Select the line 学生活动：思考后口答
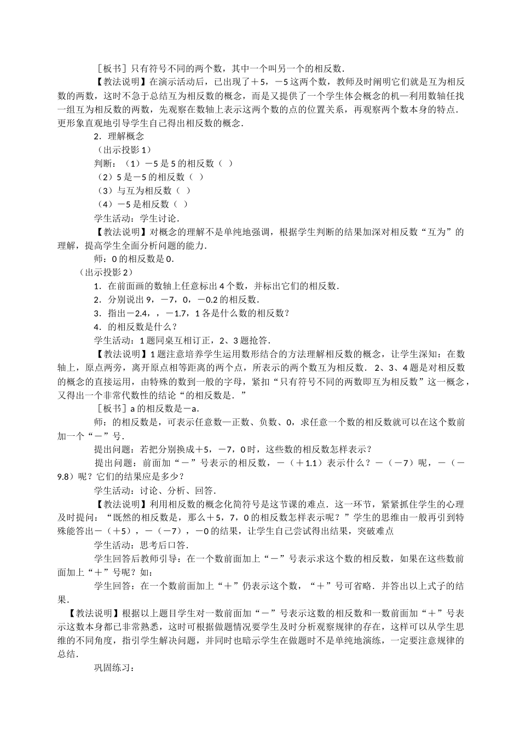tap(141, 545)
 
